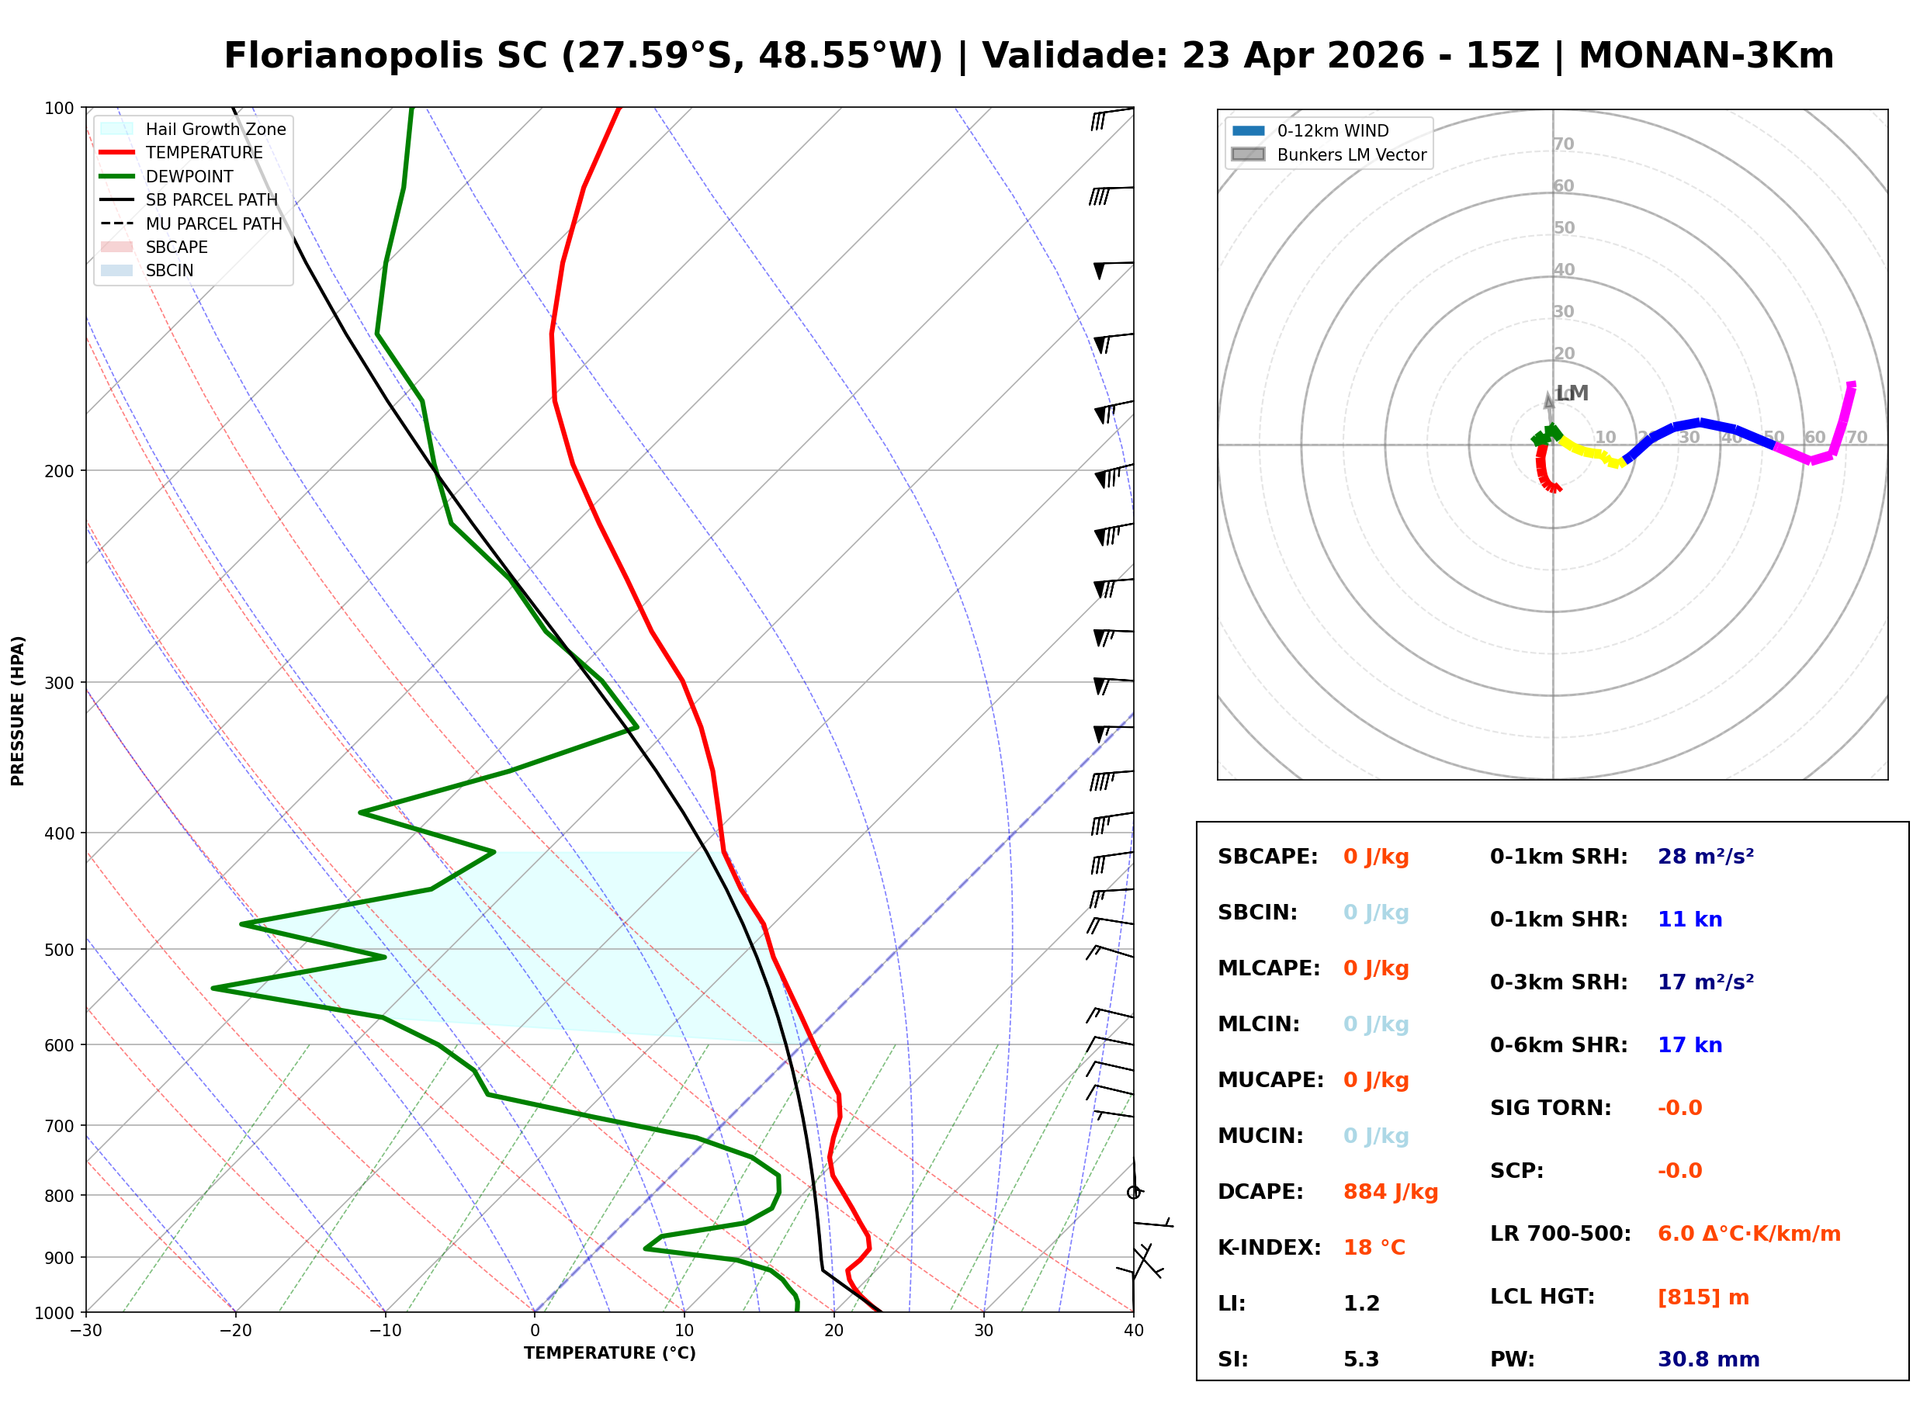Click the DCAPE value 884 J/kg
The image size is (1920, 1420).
[1390, 1192]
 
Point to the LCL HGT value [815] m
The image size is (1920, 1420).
[1703, 1297]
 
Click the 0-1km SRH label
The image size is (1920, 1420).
[1558, 857]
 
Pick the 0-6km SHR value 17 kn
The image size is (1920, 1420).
[1689, 1045]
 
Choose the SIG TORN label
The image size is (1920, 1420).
[1551, 1108]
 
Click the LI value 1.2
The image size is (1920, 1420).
[1360, 1304]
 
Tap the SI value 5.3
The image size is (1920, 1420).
[1360, 1359]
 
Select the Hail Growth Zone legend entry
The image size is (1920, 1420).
[215, 129]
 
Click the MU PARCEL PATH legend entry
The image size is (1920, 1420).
[213, 223]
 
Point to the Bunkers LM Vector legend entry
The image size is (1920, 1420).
[1351, 154]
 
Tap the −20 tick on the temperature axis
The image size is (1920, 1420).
[234, 1331]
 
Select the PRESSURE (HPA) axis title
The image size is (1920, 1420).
[18, 710]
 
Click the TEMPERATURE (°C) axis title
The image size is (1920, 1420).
[609, 1353]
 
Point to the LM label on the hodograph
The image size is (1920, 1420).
[1572, 393]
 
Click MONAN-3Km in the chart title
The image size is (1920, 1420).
[1706, 56]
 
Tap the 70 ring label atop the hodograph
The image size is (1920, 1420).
[1563, 144]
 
